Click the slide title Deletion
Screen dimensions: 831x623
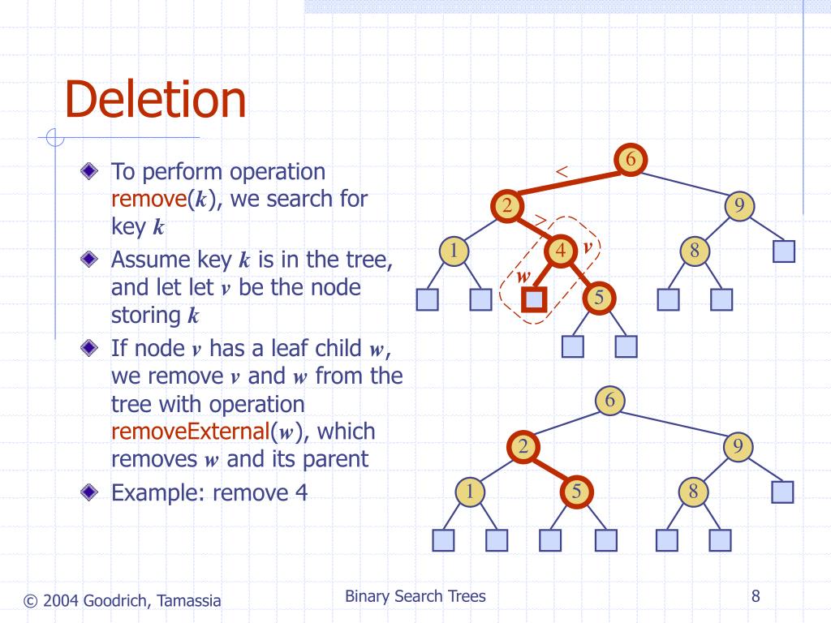tap(155, 100)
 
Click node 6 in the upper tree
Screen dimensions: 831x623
tap(630, 159)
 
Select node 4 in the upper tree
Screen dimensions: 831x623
tap(560, 251)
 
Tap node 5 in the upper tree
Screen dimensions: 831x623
tap(599, 299)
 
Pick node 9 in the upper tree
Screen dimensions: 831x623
tap(739, 206)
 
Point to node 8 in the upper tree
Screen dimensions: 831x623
tap(695, 251)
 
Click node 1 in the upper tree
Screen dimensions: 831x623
tap(454, 251)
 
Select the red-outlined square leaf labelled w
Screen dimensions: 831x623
tap(533, 300)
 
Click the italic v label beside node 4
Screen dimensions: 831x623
tap(586, 244)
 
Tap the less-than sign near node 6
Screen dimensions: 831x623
tap(561, 171)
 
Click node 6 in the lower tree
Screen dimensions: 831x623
tap(610, 400)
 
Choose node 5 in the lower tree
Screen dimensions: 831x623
tap(577, 491)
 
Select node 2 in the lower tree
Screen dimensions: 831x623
tap(523, 446)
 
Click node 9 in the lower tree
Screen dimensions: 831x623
tap(738, 446)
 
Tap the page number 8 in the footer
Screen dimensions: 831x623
tap(756, 597)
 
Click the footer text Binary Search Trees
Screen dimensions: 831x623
tap(415, 597)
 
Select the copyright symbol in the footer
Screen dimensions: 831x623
tap(30, 601)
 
